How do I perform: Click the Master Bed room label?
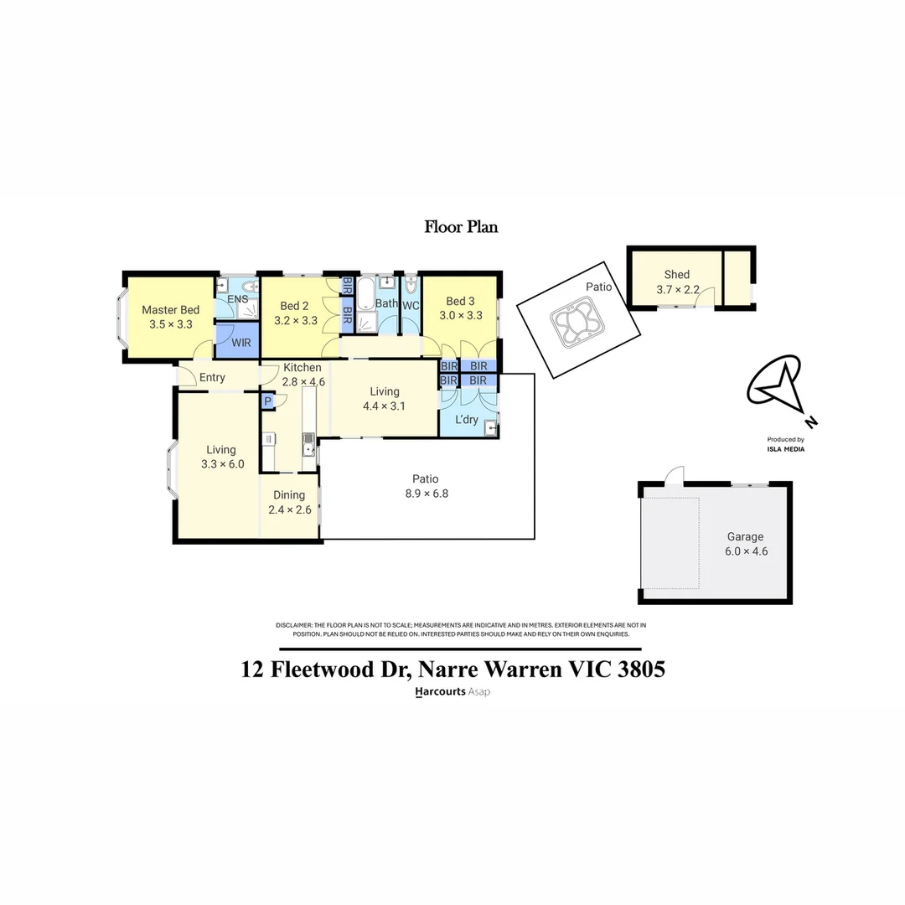(x=171, y=310)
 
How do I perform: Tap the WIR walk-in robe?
(x=241, y=343)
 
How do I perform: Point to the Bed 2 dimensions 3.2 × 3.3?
(x=296, y=320)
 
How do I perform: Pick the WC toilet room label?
(x=411, y=306)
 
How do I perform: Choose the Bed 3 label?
(x=460, y=302)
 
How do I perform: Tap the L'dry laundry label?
(x=466, y=419)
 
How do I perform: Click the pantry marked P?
(x=267, y=402)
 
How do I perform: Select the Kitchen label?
(x=303, y=368)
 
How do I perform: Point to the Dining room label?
(x=289, y=495)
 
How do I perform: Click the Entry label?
(x=212, y=378)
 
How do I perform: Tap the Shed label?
(x=677, y=275)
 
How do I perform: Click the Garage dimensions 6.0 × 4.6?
(x=746, y=551)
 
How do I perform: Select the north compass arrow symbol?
(x=777, y=387)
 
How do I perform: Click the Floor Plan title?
(x=461, y=226)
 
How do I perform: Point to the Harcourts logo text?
(x=440, y=692)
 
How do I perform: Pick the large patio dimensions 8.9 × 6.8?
(x=427, y=494)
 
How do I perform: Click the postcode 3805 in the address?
(x=637, y=670)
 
